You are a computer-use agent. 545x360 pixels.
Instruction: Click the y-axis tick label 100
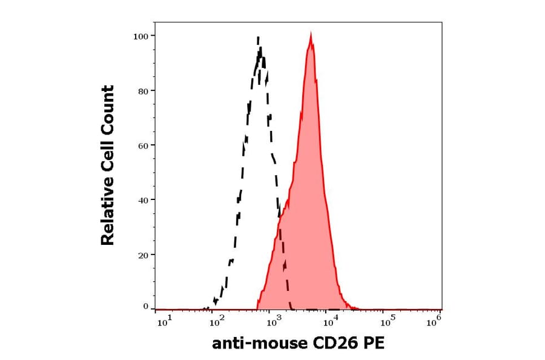point(140,36)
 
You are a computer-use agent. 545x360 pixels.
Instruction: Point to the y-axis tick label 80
point(142,91)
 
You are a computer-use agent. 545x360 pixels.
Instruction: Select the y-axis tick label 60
point(142,145)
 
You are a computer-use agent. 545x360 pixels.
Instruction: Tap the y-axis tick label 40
point(142,200)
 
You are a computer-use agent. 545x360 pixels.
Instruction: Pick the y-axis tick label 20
point(142,255)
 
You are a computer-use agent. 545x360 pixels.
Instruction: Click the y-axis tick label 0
point(145,307)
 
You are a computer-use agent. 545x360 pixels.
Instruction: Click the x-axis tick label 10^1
point(165,321)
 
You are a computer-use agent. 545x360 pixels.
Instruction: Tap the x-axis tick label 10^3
point(273,321)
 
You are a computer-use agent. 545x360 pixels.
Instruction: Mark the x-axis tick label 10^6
point(434,321)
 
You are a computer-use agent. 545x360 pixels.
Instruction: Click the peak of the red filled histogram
point(310,35)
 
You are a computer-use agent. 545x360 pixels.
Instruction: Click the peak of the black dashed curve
point(259,38)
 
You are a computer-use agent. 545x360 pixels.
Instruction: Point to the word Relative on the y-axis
point(108,216)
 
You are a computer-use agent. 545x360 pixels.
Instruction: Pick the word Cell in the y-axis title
point(108,162)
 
